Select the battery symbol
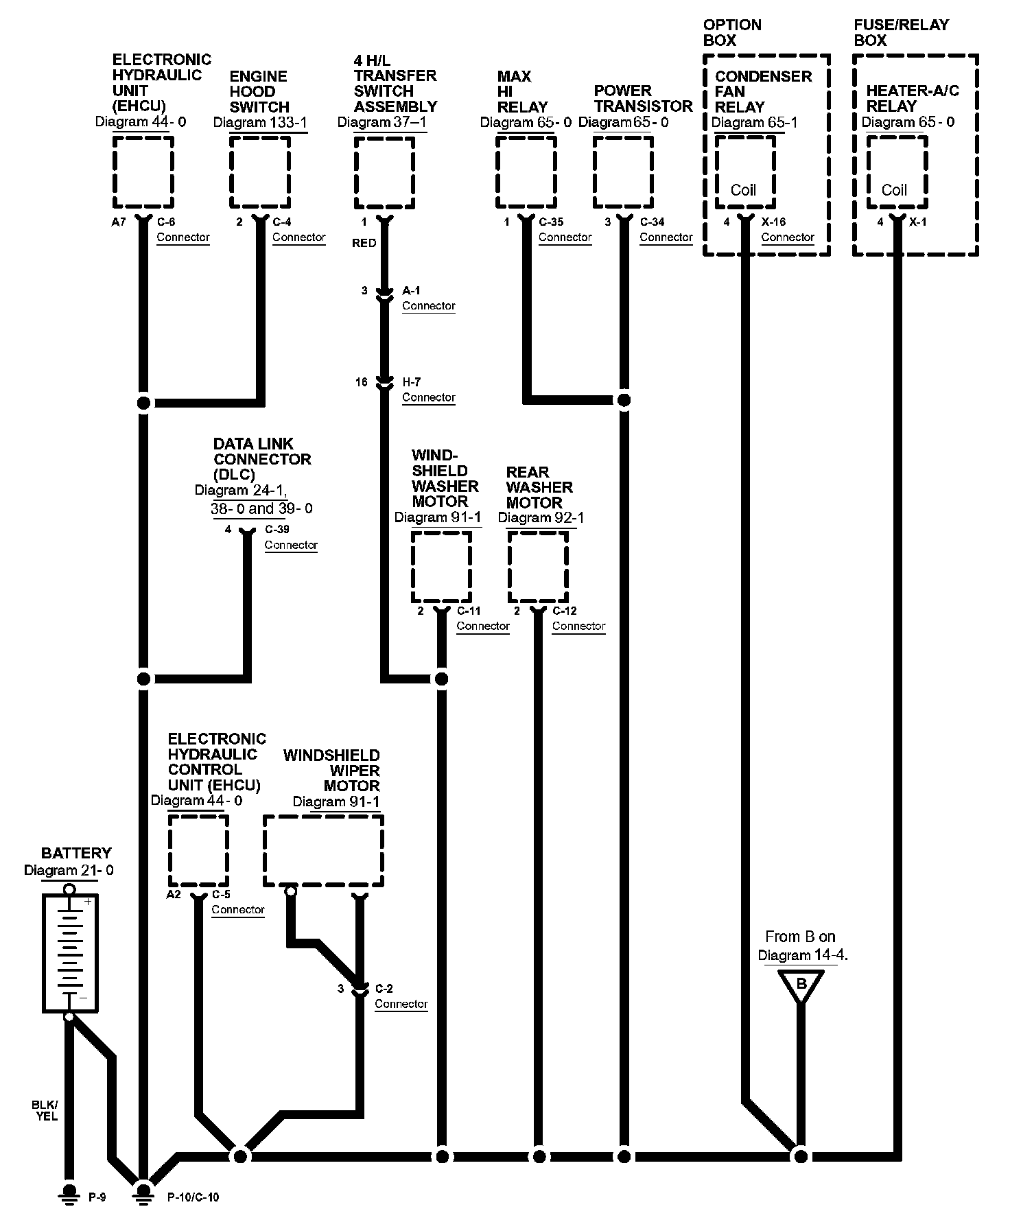tap(69, 951)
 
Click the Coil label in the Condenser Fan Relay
tap(743, 190)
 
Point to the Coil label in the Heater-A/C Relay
tap(894, 190)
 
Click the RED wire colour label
tap(364, 243)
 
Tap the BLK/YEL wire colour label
tap(45, 1110)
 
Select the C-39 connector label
tap(277, 530)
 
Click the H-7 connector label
tap(412, 382)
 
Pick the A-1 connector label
tap(412, 291)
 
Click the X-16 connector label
tap(774, 222)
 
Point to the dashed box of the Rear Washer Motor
tap(538, 567)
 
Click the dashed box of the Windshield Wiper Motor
tap(323, 851)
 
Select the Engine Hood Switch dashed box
tap(259, 172)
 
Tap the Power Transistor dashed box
tap(623, 172)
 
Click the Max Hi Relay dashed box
tap(526, 172)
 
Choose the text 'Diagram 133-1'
tap(260, 123)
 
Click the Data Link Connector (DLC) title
tap(262, 459)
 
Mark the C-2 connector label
tap(384, 989)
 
